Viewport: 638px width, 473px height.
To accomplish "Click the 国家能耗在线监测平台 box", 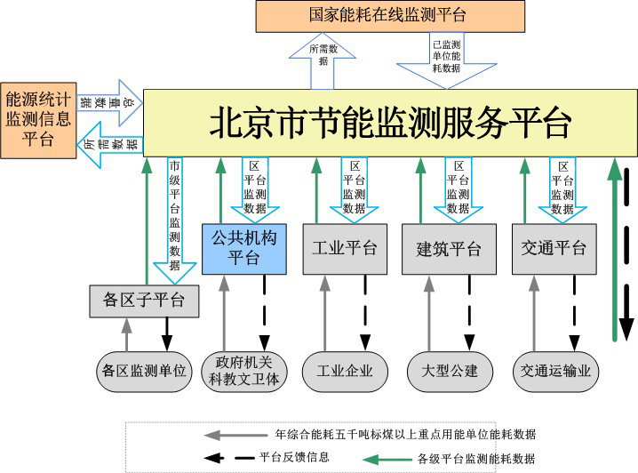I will tap(388, 15).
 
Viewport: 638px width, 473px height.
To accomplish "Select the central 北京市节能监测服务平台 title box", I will tap(388, 123).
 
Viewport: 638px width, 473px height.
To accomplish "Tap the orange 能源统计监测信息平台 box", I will tap(36, 119).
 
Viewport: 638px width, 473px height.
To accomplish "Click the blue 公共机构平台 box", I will tap(243, 248).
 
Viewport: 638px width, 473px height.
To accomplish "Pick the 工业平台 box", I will tap(344, 248).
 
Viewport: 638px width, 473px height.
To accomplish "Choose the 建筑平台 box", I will tap(449, 249).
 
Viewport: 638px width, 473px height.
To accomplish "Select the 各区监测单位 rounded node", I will tap(144, 371).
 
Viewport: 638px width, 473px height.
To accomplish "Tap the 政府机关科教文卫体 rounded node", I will tap(243, 371).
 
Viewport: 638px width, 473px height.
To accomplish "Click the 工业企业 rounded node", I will tap(344, 371).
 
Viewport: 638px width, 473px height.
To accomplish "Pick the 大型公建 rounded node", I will tap(449, 371).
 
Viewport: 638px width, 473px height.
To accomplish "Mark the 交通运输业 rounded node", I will tap(556, 371).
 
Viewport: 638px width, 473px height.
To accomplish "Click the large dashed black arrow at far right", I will tap(628, 249).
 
